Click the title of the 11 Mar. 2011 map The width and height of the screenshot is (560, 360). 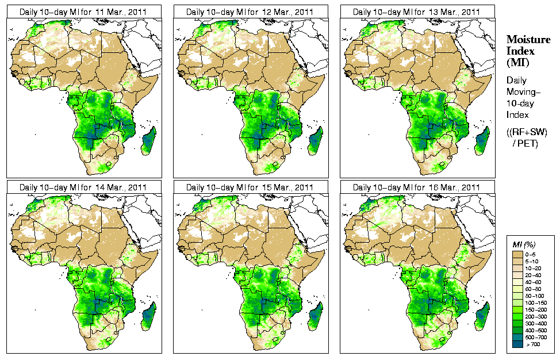pos(83,12)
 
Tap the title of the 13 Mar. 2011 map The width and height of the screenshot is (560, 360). pos(416,12)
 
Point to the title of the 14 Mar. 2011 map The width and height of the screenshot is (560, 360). pos(83,187)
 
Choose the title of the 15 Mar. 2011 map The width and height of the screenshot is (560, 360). pos(250,187)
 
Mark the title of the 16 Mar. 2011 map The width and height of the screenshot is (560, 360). pos(416,187)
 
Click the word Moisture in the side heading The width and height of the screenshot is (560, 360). pos(526,39)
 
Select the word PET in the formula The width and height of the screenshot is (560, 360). pos(529,143)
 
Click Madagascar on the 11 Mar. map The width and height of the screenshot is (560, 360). pos(149,141)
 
